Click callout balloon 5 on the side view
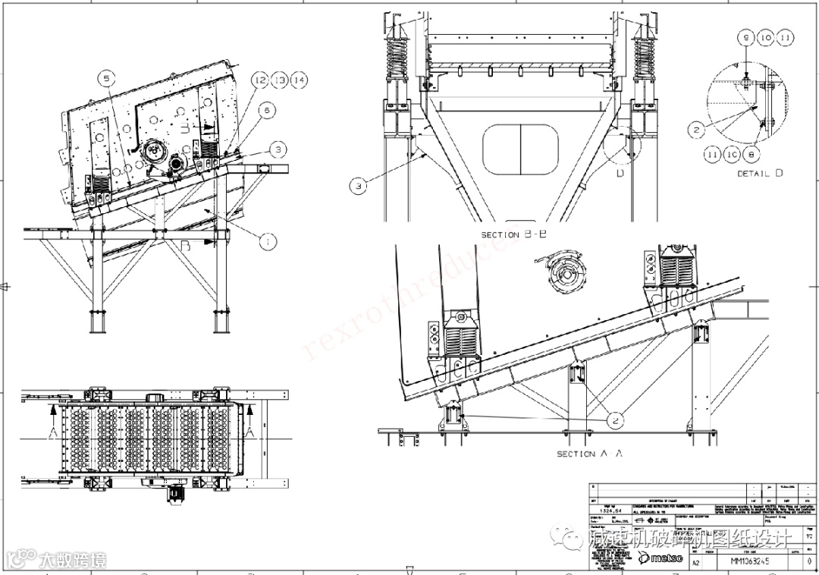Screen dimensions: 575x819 (x=107, y=78)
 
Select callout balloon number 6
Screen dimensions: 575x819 (x=266, y=110)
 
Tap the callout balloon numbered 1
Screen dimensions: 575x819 (x=266, y=242)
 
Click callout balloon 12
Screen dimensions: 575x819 (x=260, y=80)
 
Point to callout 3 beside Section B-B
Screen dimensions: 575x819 (x=359, y=184)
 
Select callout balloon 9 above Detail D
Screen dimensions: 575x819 (x=746, y=37)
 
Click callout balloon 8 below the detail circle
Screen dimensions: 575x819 (x=751, y=153)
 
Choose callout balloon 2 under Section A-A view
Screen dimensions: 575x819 (x=615, y=419)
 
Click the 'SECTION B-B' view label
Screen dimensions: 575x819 (x=513, y=235)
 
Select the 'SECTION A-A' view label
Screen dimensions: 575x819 (x=590, y=454)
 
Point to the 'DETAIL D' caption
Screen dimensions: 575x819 (x=760, y=174)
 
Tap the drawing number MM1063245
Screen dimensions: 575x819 (x=749, y=561)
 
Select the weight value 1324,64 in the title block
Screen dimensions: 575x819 (x=611, y=511)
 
